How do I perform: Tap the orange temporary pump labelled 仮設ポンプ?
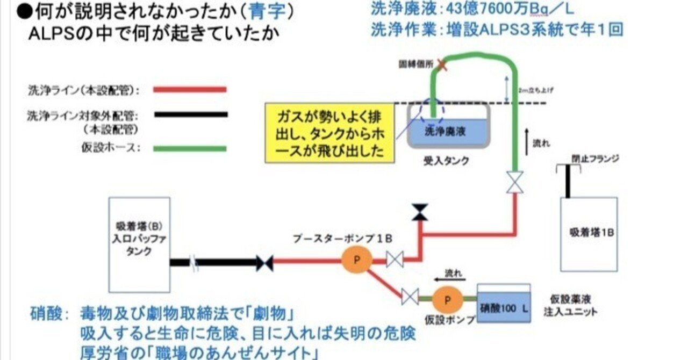pyautogui.click(x=445, y=297)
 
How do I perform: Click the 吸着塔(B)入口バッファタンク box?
pyautogui.click(x=139, y=244)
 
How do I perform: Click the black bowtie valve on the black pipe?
pyautogui.click(x=264, y=263)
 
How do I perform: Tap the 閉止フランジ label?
pyautogui.click(x=595, y=159)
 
